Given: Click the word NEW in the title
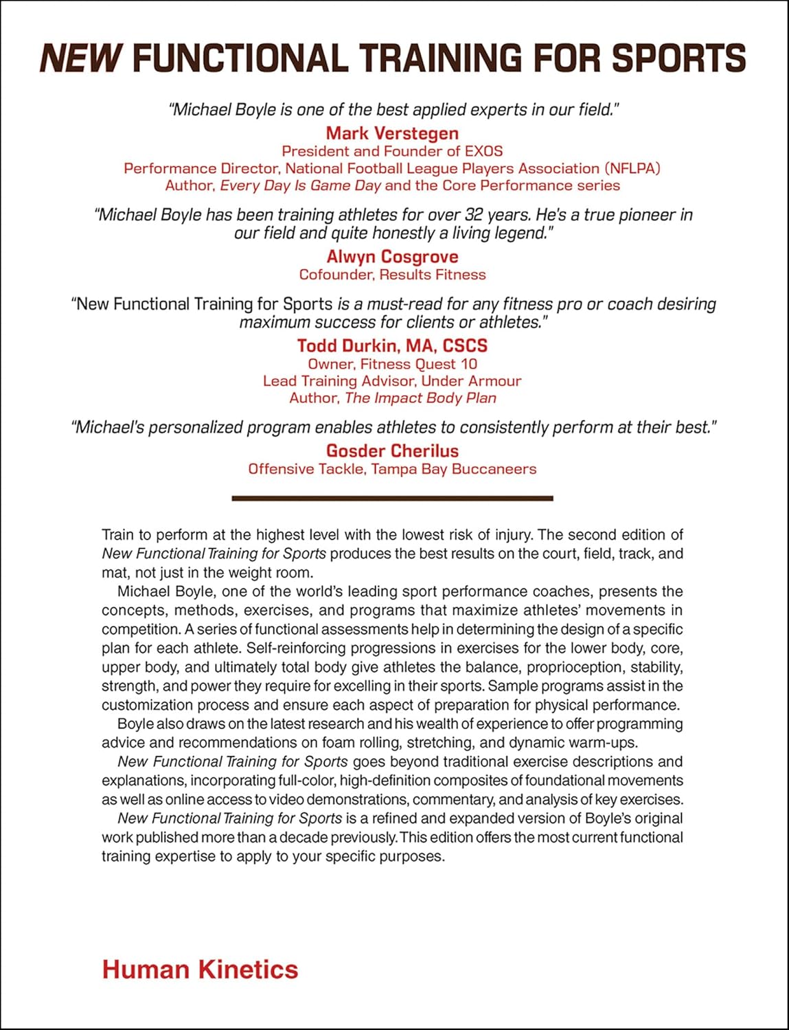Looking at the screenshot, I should point(81,58).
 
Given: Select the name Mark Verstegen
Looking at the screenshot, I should point(392,133).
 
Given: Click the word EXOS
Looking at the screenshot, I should point(483,151).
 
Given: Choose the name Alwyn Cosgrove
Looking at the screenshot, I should point(392,257).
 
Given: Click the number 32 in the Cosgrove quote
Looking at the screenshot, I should point(474,215).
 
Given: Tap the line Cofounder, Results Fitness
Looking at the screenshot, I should point(392,275).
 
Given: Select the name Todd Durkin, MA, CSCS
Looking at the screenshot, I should point(392,345).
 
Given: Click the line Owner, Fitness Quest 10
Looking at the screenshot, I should point(392,364).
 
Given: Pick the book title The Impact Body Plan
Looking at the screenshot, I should point(420,398).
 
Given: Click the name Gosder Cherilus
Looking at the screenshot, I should point(392,450).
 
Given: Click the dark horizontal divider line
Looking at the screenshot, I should point(392,499).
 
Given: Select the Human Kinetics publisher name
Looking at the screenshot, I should point(200,970).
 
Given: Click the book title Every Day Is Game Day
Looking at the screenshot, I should point(300,185).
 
